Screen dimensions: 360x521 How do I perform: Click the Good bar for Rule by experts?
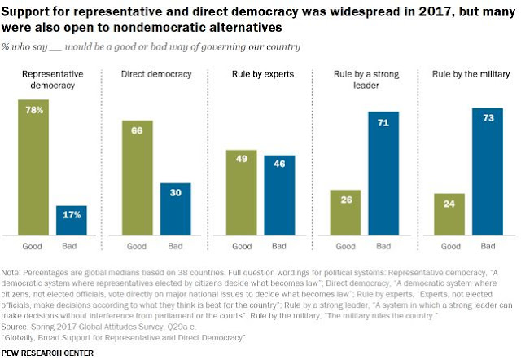point(240,192)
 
